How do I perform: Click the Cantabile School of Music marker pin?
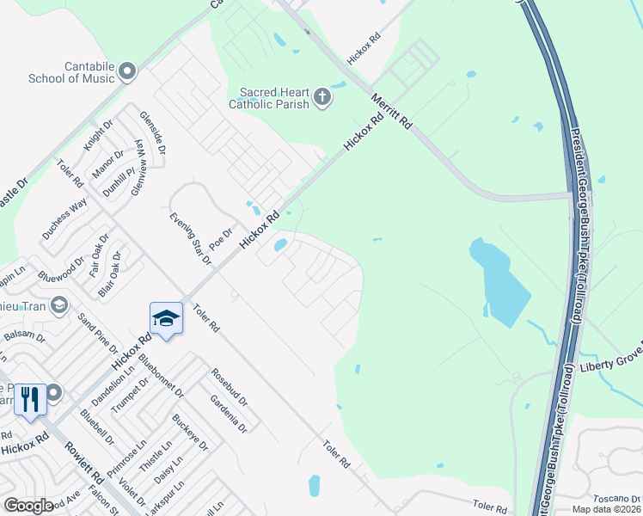coord(128,71)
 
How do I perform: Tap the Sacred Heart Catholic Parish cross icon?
coord(322,95)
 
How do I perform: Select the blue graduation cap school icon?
coord(166,318)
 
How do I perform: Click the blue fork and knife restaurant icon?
coord(29,399)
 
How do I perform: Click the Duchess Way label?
coord(64,218)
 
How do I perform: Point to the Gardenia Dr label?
coord(228,414)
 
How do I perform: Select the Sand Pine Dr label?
coord(97,333)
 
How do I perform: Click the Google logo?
coord(28,505)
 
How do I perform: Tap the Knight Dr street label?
coord(98,138)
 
